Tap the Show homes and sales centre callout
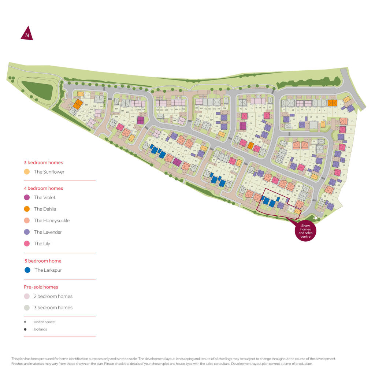pos(305,231)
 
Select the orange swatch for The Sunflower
pos(27,172)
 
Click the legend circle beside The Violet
pos(27,197)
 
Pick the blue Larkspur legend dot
pos(27,270)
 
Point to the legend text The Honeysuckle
pos(52,220)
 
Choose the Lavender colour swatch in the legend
pos(27,232)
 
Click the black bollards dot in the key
pos(25,329)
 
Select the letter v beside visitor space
pos(25,322)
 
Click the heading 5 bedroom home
pos(42,261)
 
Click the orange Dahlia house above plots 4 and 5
pos(332,103)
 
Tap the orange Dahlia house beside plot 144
pos(77,104)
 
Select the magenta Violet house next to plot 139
pos(141,120)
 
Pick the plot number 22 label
pos(350,129)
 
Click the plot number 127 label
pos(167,116)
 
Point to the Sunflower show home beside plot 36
pos(297,211)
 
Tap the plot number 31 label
pos(333,200)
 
